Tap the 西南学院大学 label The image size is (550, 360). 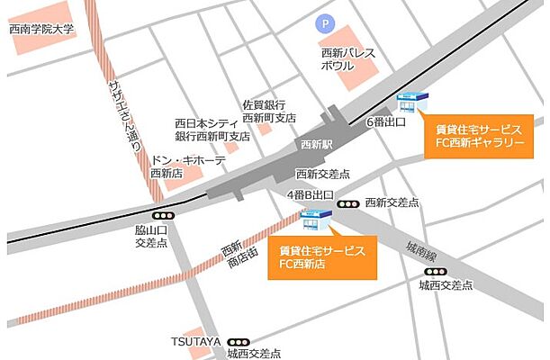tap(41, 30)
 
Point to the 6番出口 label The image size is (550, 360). tap(386, 121)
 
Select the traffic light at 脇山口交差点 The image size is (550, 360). tap(163, 216)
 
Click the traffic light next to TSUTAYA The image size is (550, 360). tap(239, 342)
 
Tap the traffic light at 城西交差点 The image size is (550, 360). tap(436, 271)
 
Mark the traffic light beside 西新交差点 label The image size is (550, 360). tap(347, 204)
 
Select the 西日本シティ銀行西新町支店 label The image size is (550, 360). tap(212, 130)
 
